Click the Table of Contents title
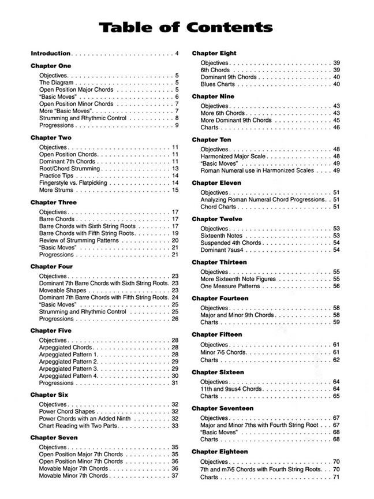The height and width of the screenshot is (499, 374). (x=185, y=27)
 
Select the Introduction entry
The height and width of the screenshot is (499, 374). (x=50, y=54)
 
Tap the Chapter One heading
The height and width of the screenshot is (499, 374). (x=51, y=66)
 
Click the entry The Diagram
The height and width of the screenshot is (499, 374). (x=57, y=83)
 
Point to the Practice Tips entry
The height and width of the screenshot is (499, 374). (x=57, y=176)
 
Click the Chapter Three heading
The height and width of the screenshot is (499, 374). (x=54, y=203)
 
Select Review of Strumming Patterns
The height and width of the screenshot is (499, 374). (x=76, y=240)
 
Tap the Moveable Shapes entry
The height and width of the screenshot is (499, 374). (x=64, y=291)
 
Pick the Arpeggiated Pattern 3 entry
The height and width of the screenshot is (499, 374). (x=69, y=368)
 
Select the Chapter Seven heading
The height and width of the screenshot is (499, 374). (x=54, y=438)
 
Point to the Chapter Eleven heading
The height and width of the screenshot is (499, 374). (x=216, y=183)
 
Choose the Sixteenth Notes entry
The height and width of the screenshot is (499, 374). (x=222, y=236)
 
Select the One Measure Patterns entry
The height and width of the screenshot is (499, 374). (x=230, y=286)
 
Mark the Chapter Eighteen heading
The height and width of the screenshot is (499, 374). (x=219, y=452)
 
